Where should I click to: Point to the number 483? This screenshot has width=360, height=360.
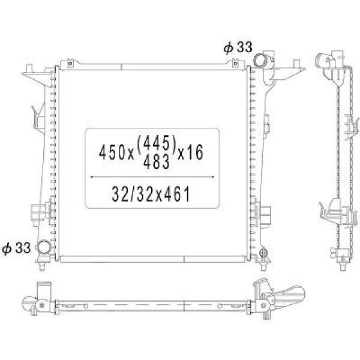(157, 162)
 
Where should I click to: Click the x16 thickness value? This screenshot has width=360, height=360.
(191, 154)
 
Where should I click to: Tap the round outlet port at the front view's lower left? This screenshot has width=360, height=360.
(44, 247)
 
